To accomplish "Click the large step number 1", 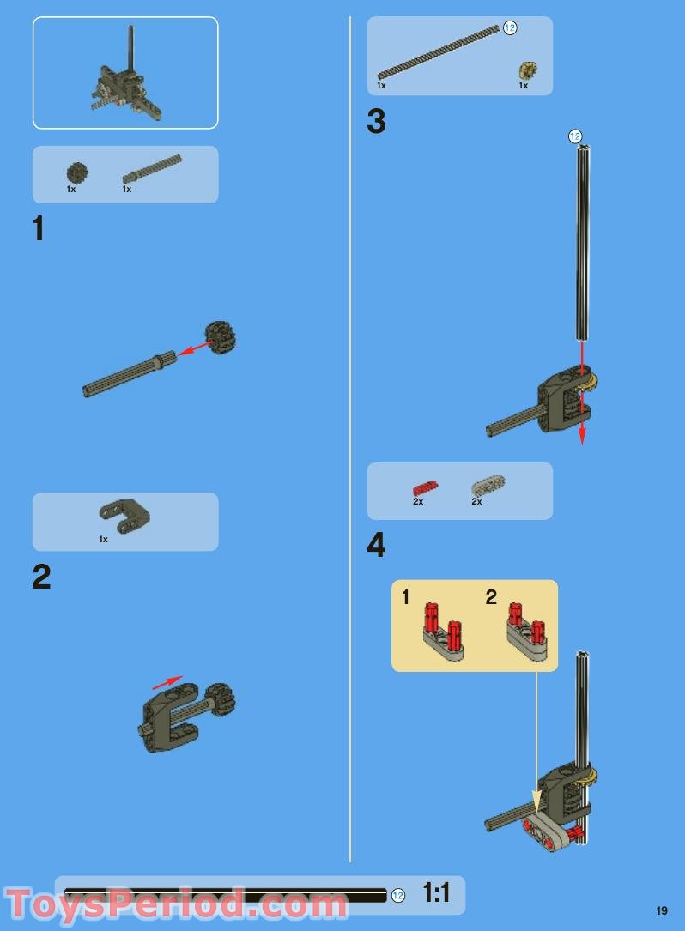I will [x=38, y=229].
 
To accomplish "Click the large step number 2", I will [x=41, y=577].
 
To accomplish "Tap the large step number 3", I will [x=376, y=122].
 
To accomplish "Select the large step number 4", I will [x=376, y=546].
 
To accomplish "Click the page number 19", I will [x=662, y=910].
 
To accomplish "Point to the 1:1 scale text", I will [x=436, y=893].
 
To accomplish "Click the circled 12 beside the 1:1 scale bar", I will [x=397, y=895].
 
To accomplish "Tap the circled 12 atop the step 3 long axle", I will [x=575, y=136].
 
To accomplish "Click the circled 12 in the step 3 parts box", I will [x=510, y=28].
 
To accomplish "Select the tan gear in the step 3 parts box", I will [x=525, y=70].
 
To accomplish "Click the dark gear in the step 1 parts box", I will [x=77, y=172].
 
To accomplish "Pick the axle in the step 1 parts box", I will [x=152, y=168].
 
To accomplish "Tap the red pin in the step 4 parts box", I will [x=424, y=487].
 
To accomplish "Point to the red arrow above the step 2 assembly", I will [x=167, y=682].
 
